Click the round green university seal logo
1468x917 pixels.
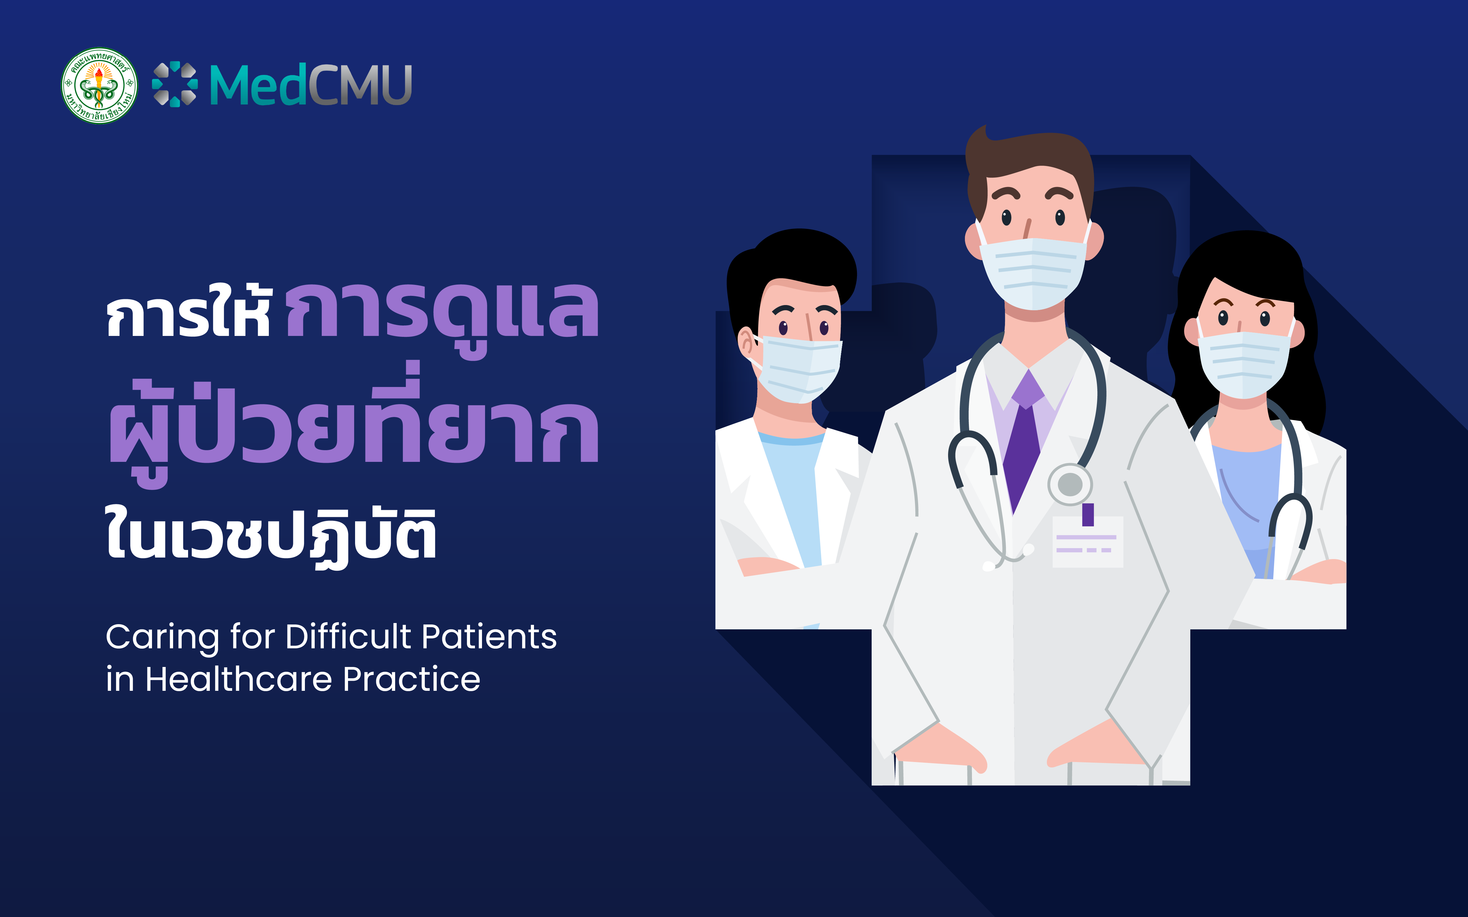tap(99, 86)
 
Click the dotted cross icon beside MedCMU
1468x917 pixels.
tap(175, 84)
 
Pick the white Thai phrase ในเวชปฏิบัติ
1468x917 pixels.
tap(271, 537)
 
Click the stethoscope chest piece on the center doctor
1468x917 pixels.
tap(1070, 484)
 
